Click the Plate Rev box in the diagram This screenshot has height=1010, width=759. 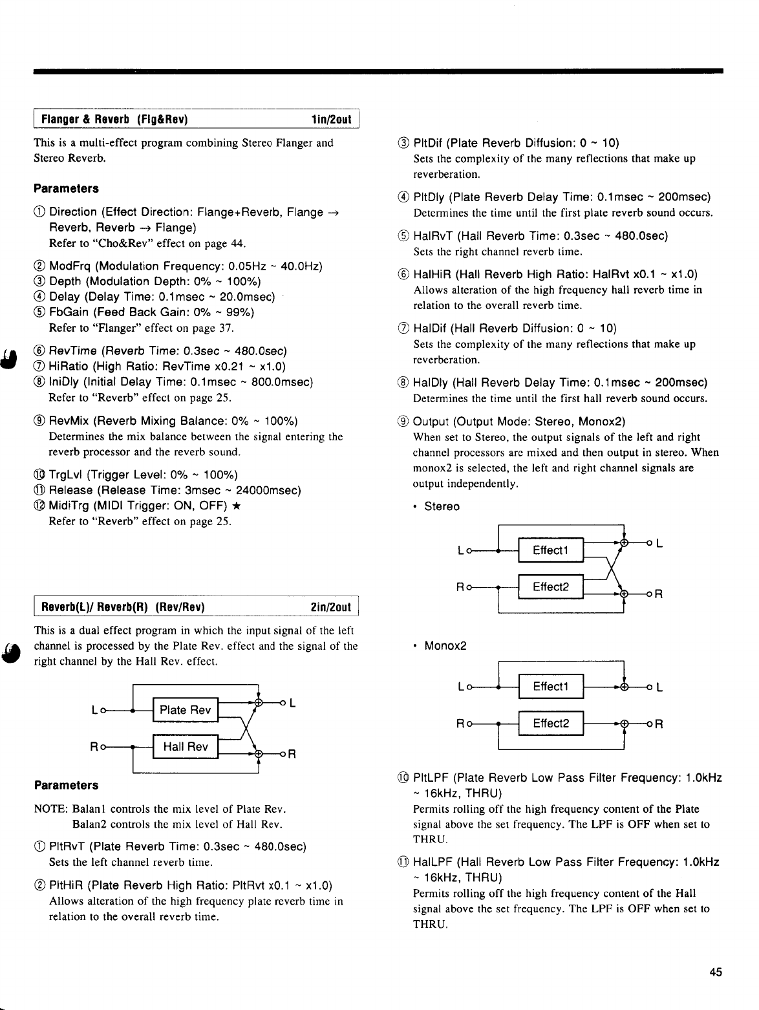(x=186, y=710)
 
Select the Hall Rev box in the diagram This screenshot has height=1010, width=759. (x=186, y=747)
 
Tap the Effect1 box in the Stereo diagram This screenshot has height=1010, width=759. (x=550, y=550)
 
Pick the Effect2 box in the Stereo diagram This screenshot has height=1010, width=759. (x=550, y=587)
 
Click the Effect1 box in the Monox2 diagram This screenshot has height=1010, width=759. (x=550, y=687)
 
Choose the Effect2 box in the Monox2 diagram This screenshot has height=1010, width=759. (x=550, y=724)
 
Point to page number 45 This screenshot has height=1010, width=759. (x=715, y=972)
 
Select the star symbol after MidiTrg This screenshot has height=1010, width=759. (x=237, y=506)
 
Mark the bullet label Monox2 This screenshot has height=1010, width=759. (x=445, y=646)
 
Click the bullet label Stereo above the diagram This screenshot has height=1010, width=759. (x=442, y=506)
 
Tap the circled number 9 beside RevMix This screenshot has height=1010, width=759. (x=39, y=422)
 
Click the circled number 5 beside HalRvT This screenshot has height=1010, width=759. (x=403, y=236)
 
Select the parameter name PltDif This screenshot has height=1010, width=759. (x=428, y=143)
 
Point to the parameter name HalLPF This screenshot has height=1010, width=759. (x=432, y=863)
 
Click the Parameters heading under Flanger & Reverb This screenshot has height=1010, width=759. (x=66, y=189)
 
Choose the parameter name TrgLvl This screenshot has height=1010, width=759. (x=68, y=475)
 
